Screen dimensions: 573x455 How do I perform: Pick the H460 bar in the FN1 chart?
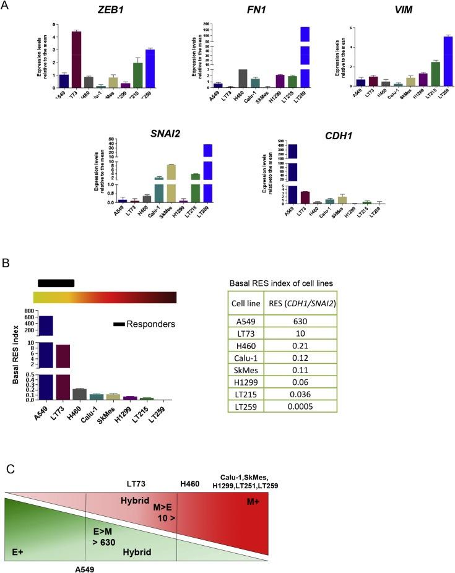pos(243,78)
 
